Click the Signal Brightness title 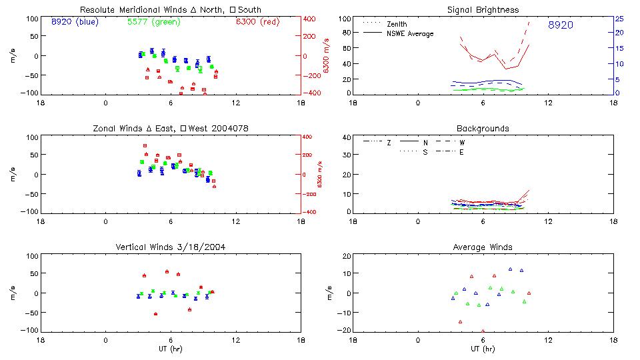(483, 10)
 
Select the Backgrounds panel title (483, 128)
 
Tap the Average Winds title (483, 247)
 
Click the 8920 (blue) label (74, 22)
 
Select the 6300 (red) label (257, 22)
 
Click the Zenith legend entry (396, 24)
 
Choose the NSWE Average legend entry (410, 33)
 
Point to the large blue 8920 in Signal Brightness (560, 25)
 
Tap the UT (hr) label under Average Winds (483, 349)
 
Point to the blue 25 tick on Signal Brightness (619, 18)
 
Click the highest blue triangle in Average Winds (510, 269)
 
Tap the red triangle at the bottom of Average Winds (483, 330)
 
